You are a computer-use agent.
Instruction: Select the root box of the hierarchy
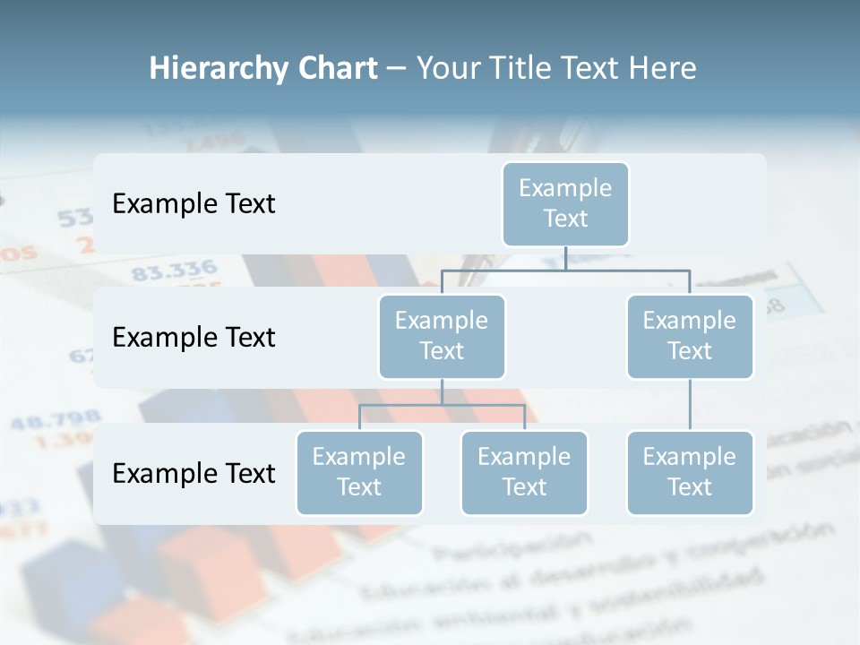pyautogui.click(x=565, y=203)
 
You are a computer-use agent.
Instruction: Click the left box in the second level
pyautogui.click(x=442, y=336)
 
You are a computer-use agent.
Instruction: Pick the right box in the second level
pyautogui.click(x=690, y=336)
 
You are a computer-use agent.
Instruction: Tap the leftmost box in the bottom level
pyautogui.click(x=359, y=472)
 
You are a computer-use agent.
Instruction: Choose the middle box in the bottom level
pyautogui.click(x=524, y=472)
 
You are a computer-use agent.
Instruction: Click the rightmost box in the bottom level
pyautogui.click(x=690, y=472)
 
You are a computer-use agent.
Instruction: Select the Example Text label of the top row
pyautogui.click(x=193, y=203)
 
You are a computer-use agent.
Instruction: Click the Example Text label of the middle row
pyautogui.click(x=193, y=337)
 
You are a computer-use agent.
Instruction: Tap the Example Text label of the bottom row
pyautogui.click(x=193, y=473)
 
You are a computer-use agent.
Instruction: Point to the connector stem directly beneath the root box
pyautogui.click(x=565, y=258)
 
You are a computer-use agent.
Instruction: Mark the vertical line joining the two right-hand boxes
pyautogui.click(x=690, y=405)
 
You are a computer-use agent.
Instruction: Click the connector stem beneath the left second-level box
pyautogui.click(x=442, y=391)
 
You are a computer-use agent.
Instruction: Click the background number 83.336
pyautogui.click(x=174, y=270)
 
